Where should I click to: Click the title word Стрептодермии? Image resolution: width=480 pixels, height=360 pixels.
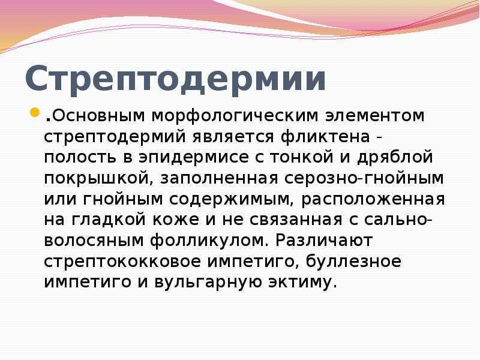click(x=176, y=79)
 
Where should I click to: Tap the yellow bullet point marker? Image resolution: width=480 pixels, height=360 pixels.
click(x=35, y=112)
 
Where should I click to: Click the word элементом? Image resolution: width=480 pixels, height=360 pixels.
click(x=375, y=116)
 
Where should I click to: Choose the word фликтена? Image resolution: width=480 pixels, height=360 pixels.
click(x=325, y=136)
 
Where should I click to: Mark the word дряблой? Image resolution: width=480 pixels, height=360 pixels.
click(x=395, y=157)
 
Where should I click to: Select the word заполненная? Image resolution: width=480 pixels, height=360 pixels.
click(x=219, y=178)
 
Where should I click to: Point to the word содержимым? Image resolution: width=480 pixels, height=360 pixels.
click(x=229, y=199)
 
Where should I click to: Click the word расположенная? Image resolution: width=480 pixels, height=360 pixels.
click(x=373, y=199)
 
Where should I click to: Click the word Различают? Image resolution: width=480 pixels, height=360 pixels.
click(x=323, y=241)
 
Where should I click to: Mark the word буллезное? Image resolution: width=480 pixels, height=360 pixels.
click(x=353, y=261)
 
